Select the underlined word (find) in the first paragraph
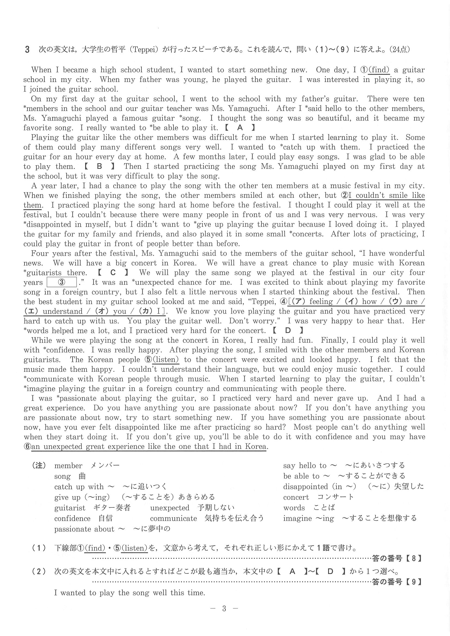click(379, 70)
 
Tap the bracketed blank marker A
click(240, 128)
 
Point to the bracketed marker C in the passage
click(113, 273)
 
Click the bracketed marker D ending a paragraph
click(288, 331)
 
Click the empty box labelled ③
click(62, 282)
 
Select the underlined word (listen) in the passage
click(166, 360)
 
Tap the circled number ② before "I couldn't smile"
click(344, 196)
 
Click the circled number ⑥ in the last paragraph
click(27, 447)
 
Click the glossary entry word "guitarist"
click(70, 508)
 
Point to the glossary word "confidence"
click(72, 518)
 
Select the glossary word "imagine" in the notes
click(295, 518)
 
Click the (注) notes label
click(39, 465)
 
